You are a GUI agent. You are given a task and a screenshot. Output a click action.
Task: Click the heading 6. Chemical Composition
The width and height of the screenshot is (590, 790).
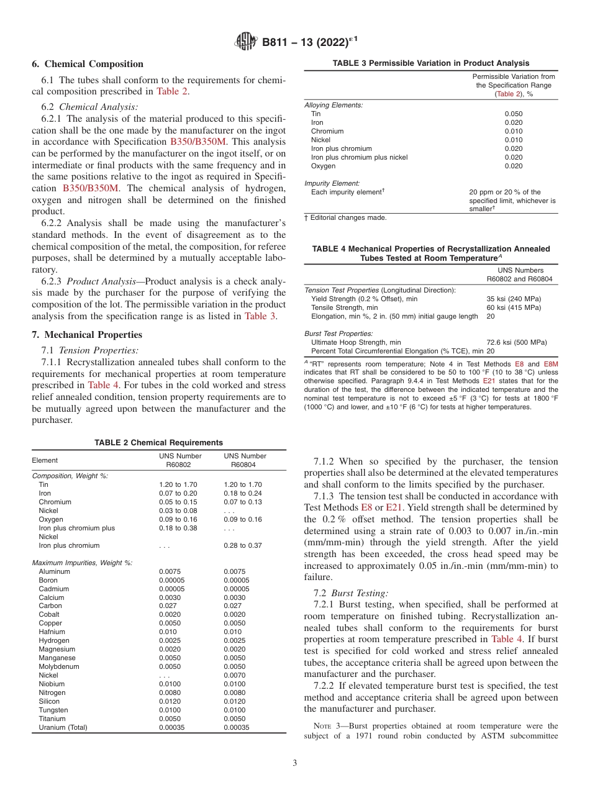(x=88, y=64)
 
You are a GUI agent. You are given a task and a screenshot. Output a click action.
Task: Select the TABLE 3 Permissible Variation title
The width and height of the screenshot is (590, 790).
(x=431, y=63)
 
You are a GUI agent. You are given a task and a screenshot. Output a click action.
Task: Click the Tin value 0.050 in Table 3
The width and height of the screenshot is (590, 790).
(x=514, y=114)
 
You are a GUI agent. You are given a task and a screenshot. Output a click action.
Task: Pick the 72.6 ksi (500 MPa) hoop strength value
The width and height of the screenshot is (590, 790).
(x=517, y=342)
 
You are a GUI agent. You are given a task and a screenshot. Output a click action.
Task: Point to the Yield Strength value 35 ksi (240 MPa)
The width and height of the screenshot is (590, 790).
(x=514, y=299)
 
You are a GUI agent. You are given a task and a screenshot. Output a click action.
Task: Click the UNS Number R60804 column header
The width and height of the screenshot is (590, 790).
(x=245, y=460)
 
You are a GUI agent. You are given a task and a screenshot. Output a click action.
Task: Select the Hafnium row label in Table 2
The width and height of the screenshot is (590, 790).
(x=52, y=632)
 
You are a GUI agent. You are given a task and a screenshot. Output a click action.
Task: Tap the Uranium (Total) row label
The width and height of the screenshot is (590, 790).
(x=63, y=727)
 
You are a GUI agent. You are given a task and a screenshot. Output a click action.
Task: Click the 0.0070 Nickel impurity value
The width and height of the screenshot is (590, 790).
(x=234, y=675)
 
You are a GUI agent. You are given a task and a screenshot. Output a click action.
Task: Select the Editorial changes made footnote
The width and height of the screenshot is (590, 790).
(x=348, y=217)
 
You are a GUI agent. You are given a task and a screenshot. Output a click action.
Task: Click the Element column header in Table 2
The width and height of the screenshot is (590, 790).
(x=45, y=460)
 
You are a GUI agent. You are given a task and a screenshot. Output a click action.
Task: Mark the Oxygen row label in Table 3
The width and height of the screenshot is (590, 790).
(x=323, y=166)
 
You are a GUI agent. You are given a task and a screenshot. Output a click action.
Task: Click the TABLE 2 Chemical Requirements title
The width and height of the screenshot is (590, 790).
(x=158, y=443)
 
